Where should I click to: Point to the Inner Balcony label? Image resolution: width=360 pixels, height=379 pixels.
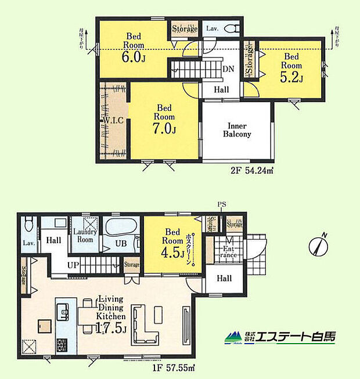pyautogui.click(x=237, y=129)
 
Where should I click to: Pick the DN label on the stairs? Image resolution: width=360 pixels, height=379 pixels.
pyautogui.click(x=228, y=68)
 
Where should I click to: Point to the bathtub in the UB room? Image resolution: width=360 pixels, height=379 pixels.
pyautogui.click(x=122, y=225)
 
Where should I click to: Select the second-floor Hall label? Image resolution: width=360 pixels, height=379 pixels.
pyautogui.click(x=221, y=89)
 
